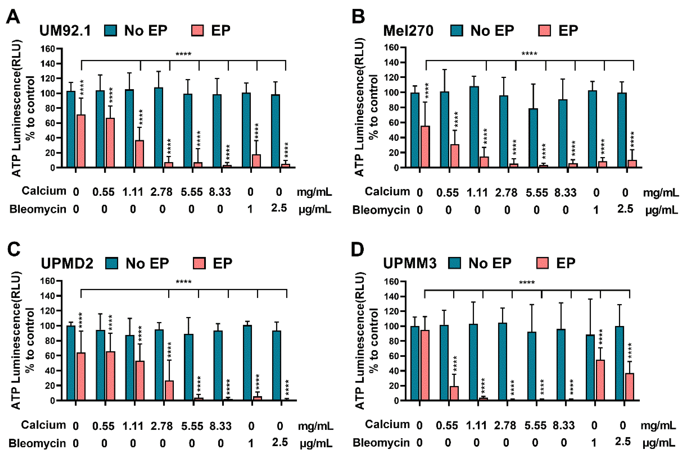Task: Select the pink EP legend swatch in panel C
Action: point(199,263)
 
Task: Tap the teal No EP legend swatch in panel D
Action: point(454,263)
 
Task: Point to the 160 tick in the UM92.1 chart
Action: point(48,49)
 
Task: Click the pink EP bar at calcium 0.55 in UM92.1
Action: point(110,142)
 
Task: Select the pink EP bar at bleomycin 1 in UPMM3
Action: point(600,380)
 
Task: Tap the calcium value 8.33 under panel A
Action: point(220,192)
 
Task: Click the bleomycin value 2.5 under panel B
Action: point(625,209)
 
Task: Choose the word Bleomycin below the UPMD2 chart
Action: point(37,443)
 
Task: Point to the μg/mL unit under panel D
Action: point(659,443)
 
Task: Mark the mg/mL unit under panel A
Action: point(314,192)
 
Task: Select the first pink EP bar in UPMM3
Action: point(425,365)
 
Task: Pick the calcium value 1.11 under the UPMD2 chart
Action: point(133,426)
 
